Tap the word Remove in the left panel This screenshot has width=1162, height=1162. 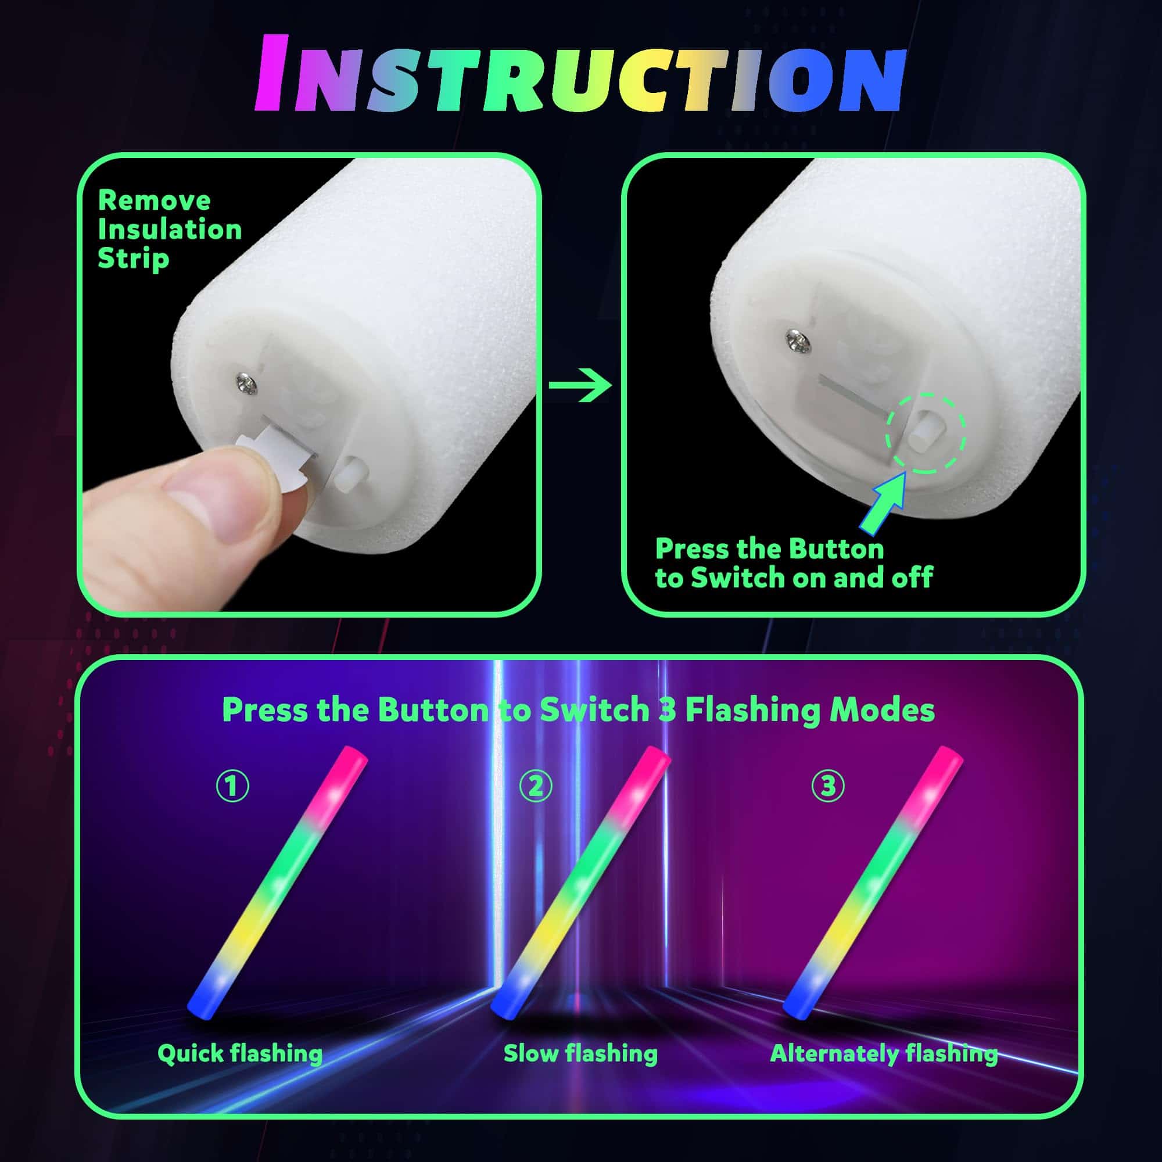[154, 200]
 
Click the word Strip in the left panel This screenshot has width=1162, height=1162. [133, 259]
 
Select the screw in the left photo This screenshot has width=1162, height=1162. [246, 383]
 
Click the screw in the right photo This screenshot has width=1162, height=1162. [799, 342]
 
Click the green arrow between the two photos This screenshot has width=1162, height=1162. [580, 385]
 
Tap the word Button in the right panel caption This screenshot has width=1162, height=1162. [836, 548]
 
